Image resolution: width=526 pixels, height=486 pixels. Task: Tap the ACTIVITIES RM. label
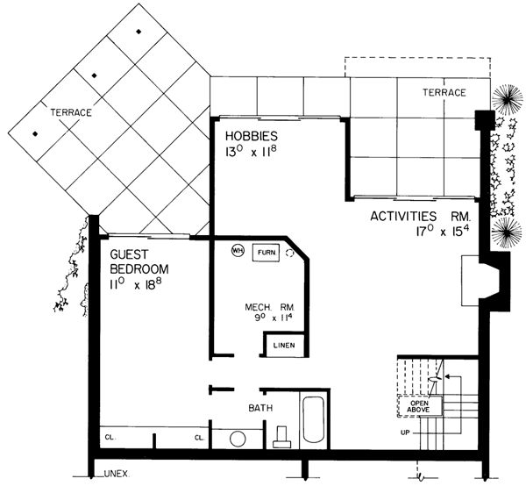click(x=421, y=215)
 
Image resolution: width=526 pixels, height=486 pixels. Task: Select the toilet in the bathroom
click(x=281, y=436)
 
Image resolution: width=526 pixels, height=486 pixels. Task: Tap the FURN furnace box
click(x=266, y=252)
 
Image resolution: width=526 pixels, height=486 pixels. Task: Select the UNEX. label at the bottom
click(x=117, y=474)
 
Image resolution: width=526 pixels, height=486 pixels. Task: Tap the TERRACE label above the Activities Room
click(x=444, y=92)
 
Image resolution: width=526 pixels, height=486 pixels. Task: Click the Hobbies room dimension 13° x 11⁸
click(x=251, y=153)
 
